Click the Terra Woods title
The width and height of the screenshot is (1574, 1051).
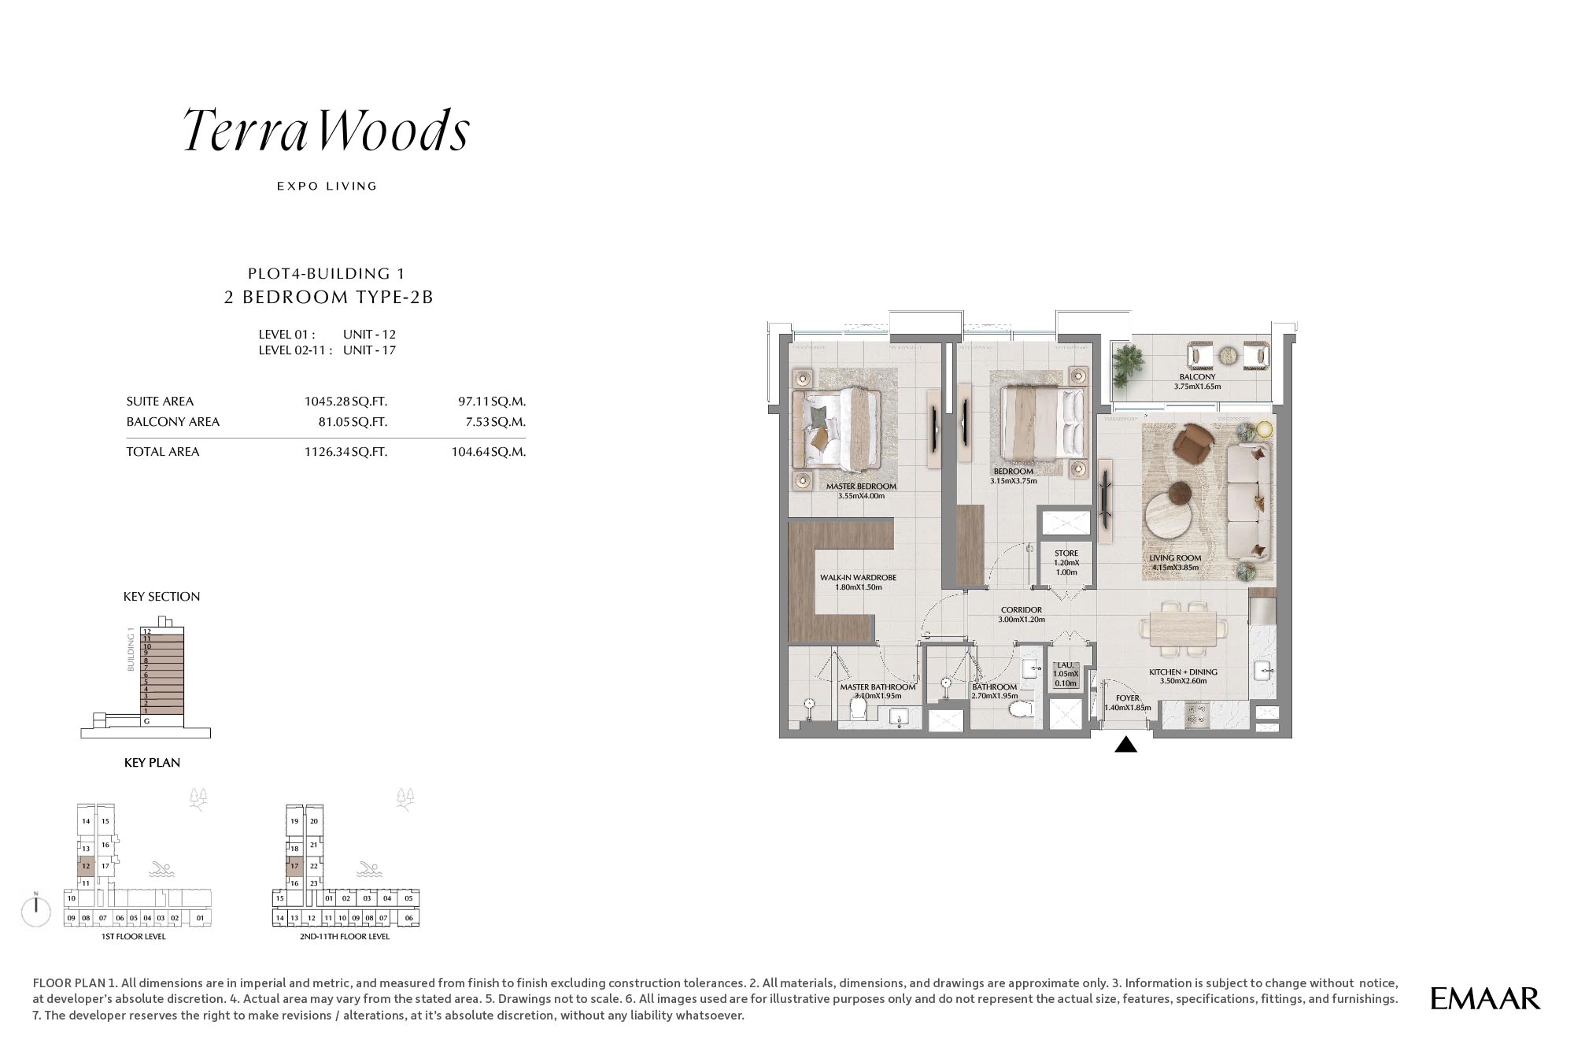point(327,130)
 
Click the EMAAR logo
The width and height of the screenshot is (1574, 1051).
point(1485,999)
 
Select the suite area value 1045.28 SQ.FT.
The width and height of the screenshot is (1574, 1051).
point(345,402)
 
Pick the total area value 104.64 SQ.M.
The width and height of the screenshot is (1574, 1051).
point(488,452)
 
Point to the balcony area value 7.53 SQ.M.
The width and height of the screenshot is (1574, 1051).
point(495,422)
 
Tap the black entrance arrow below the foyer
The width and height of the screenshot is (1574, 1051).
point(1126,744)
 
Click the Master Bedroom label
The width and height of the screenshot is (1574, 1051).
point(861,487)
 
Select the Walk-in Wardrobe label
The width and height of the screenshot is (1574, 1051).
point(858,578)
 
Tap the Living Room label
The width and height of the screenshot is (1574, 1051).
point(1175,558)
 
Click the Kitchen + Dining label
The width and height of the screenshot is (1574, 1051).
point(1183,672)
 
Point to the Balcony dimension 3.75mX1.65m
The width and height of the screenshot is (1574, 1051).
point(1197,387)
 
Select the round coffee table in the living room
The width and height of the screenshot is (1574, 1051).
point(1172,516)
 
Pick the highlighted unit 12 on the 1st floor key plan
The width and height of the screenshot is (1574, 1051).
point(86,866)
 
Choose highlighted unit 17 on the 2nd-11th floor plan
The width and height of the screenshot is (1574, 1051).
point(294,866)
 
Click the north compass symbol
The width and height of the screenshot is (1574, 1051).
point(36,910)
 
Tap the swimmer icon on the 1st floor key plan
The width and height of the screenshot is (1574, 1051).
point(161,869)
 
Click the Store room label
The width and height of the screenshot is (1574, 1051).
point(1066,553)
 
